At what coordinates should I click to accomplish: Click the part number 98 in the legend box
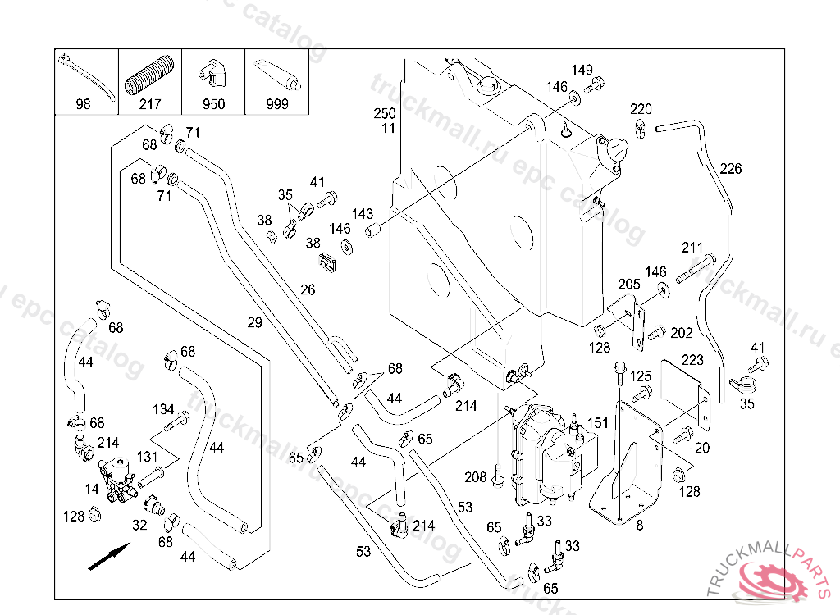click(83, 104)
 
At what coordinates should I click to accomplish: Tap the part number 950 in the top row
click(213, 104)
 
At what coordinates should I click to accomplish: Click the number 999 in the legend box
click(277, 104)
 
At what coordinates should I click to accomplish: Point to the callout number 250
click(385, 113)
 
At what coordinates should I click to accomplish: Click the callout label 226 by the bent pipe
click(730, 169)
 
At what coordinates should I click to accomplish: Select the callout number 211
click(692, 247)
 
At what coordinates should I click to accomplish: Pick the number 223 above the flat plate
click(692, 359)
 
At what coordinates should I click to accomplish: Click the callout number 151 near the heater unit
click(598, 422)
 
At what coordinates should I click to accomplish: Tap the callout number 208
click(476, 476)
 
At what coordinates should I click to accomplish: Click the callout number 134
click(163, 408)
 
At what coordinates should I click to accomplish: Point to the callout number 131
click(147, 457)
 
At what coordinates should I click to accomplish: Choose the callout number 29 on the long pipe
click(254, 323)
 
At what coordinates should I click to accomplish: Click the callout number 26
click(308, 289)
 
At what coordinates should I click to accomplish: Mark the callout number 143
click(363, 214)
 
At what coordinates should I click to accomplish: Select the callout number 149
click(582, 71)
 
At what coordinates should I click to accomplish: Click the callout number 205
click(629, 284)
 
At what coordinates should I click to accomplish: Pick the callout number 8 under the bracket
click(640, 526)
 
